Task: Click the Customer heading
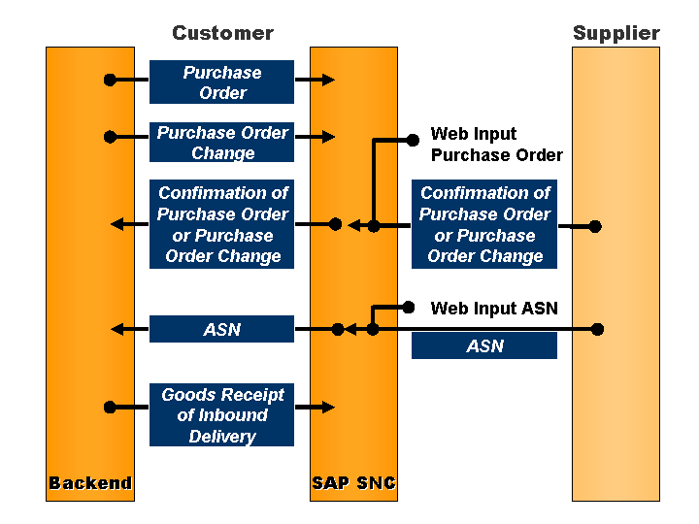[x=222, y=33]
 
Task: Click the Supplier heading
[x=616, y=33]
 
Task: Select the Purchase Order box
[x=221, y=82]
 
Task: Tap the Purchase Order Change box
[x=221, y=143]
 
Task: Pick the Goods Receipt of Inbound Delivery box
[x=221, y=415]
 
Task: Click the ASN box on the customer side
[x=221, y=330]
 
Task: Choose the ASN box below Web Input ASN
[x=483, y=346]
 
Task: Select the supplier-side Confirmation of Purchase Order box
[x=483, y=224]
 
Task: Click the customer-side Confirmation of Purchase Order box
[x=221, y=224]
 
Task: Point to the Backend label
[x=90, y=483]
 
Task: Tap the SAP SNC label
[x=353, y=483]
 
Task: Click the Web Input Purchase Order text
[x=496, y=145]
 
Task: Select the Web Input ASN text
[x=494, y=309]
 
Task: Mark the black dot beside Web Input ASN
[x=410, y=308]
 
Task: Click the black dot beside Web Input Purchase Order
[x=413, y=140]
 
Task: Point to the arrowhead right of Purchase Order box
[x=328, y=80]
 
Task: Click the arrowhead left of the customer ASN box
[x=116, y=329]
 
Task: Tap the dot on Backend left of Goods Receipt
[x=110, y=407]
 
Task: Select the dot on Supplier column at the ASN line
[x=598, y=329]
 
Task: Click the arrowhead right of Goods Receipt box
[x=328, y=407]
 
